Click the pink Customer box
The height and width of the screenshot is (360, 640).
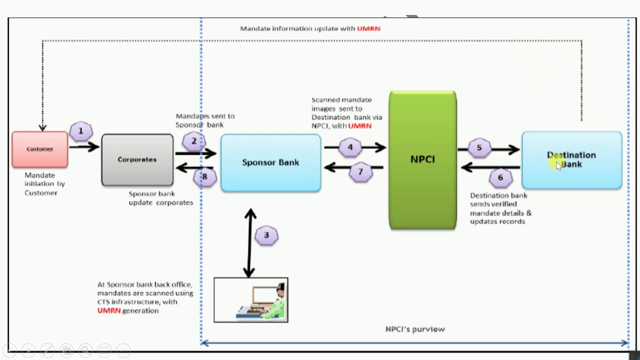click(40, 149)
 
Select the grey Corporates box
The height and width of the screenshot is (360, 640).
click(137, 160)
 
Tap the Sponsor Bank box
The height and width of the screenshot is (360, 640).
click(270, 162)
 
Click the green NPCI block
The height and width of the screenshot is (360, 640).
click(422, 160)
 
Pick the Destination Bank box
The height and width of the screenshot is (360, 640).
click(571, 160)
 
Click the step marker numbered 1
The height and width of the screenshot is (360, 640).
click(81, 132)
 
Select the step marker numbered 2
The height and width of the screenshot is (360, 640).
click(194, 141)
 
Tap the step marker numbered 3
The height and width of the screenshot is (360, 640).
click(266, 235)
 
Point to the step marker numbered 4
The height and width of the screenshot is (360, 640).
click(350, 147)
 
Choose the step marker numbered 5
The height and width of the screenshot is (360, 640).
click(479, 148)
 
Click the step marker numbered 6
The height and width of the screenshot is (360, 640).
click(500, 177)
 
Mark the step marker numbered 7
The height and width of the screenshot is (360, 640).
click(361, 172)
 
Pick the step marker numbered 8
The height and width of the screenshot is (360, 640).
click(204, 176)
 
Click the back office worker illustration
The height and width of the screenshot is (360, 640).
click(251, 300)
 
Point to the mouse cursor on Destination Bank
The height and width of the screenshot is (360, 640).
click(559, 166)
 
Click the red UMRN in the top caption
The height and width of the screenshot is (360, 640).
click(368, 29)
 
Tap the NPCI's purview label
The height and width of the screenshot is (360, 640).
click(415, 329)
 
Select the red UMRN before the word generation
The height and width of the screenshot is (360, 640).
click(109, 311)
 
